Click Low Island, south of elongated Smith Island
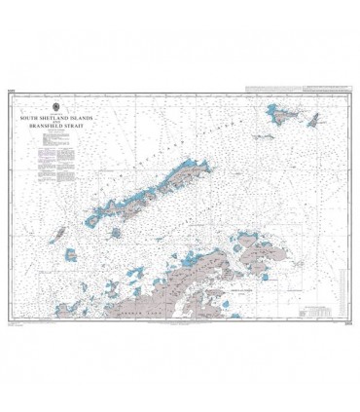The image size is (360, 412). point(71,255)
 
